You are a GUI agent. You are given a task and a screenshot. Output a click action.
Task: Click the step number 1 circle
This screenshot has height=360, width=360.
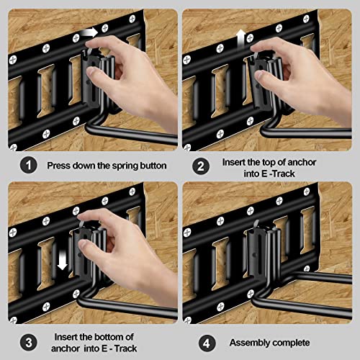[x=28, y=166]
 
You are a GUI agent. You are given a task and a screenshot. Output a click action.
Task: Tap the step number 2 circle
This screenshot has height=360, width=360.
[x=201, y=166]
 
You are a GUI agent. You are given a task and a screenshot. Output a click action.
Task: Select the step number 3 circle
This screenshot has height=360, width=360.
[x=29, y=343]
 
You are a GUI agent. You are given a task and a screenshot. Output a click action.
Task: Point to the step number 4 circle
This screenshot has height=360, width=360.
[x=207, y=343]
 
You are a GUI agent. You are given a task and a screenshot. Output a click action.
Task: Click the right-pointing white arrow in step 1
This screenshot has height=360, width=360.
[x=89, y=32]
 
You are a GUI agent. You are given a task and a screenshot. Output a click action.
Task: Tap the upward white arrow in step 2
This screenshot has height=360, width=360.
[x=241, y=39]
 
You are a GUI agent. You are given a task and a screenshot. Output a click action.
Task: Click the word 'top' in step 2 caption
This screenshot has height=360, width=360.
[x=269, y=163]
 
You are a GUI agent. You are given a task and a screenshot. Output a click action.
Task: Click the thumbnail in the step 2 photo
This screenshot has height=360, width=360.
[x=258, y=75]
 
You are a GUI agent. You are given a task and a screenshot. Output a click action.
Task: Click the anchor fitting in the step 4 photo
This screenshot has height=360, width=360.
[x=264, y=251]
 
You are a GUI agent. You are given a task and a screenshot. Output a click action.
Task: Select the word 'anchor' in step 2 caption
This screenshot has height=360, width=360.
[x=302, y=163]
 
